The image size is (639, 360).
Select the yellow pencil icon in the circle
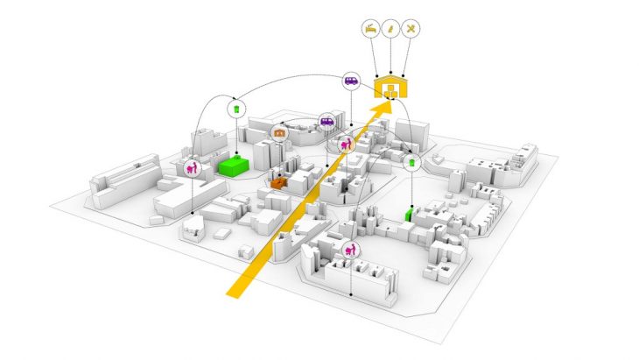(x=390, y=28)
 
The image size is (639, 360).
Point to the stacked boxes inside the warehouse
(x=390, y=91)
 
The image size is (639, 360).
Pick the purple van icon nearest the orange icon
(x=326, y=122)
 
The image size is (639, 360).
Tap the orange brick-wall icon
(x=279, y=132)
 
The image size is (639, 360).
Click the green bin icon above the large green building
(x=235, y=109)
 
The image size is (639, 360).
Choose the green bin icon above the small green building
(x=412, y=163)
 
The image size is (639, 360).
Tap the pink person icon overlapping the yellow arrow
(x=347, y=142)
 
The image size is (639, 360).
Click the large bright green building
(x=234, y=166)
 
